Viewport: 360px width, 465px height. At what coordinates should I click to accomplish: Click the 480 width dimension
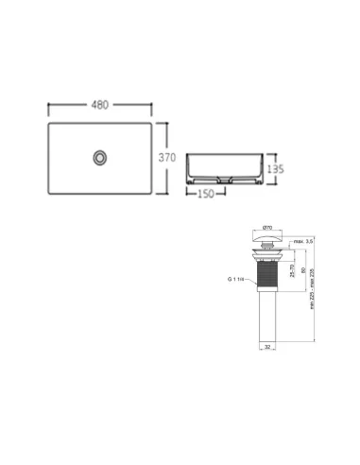point(99,106)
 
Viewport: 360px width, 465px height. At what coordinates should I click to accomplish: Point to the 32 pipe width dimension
point(266,348)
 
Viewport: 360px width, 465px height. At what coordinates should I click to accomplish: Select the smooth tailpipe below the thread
point(266,317)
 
